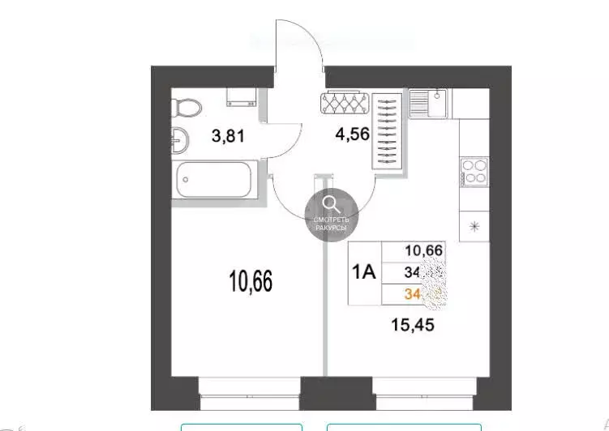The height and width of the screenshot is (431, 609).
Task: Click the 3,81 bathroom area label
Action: [228, 136]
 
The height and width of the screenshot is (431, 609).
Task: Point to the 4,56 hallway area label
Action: [352, 134]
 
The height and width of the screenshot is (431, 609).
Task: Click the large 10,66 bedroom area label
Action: [251, 281]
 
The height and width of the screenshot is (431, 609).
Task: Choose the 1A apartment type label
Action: [363, 274]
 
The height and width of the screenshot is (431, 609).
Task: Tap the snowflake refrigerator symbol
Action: [473, 226]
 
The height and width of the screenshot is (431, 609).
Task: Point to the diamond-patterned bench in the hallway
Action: [345, 103]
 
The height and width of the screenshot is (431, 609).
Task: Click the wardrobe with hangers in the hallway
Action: [388, 131]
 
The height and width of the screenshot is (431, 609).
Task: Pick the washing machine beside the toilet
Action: [241, 96]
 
